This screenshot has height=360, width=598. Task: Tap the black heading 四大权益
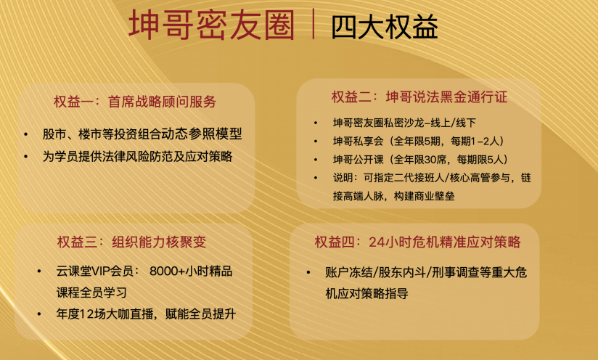click(x=384, y=26)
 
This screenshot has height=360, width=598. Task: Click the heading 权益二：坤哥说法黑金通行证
click(x=419, y=97)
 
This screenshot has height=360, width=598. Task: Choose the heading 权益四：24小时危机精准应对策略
click(x=417, y=242)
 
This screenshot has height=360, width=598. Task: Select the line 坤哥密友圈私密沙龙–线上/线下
click(x=404, y=122)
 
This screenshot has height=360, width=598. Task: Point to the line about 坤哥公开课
click(x=419, y=160)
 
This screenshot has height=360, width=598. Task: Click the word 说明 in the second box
click(x=343, y=179)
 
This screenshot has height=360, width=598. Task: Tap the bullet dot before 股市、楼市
click(x=27, y=135)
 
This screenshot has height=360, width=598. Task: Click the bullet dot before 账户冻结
click(x=310, y=274)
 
